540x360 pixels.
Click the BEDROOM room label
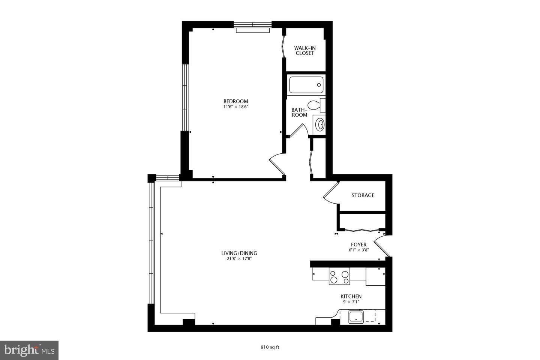(x=235, y=101)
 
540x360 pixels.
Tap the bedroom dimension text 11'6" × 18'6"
(x=235, y=107)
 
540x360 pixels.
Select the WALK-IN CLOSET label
(x=304, y=51)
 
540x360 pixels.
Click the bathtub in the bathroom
(x=306, y=85)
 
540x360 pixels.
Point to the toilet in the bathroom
(x=316, y=105)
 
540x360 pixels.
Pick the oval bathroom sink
(x=320, y=124)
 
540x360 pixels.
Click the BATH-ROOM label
(x=299, y=112)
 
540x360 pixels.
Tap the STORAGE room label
(x=363, y=195)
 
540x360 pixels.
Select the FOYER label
(x=358, y=244)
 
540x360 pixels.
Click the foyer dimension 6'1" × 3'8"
(x=358, y=250)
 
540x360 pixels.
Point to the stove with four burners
(x=339, y=276)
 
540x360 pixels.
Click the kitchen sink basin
(x=356, y=317)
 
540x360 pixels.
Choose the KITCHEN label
(x=351, y=296)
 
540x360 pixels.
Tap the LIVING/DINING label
(x=239, y=253)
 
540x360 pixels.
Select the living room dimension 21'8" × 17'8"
(x=239, y=258)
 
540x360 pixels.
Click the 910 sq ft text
(x=270, y=347)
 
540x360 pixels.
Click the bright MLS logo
(x=29, y=350)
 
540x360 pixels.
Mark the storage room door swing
(x=330, y=193)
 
